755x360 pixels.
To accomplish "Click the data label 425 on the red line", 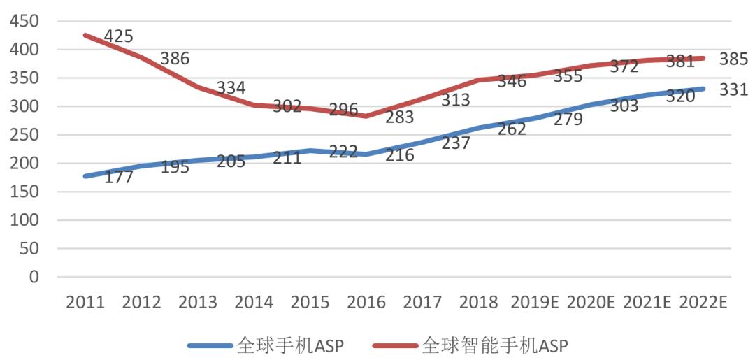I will point(118,36).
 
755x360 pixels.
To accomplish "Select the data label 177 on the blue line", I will point(118,178).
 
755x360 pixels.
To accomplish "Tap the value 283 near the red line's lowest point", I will point(400,117).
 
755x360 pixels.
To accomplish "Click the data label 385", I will point(734,59).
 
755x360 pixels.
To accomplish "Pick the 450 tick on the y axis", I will point(24,21).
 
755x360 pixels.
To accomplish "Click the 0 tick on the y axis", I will point(34,277).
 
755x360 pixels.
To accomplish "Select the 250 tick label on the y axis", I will point(24,135).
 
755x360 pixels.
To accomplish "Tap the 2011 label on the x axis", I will point(85,303).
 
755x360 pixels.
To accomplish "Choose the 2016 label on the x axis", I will point(366,303).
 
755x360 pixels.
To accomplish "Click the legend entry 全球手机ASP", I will point(291,345).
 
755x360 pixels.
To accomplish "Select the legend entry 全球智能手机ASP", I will point(495,345).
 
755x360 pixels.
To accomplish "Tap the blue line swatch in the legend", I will point(210,345).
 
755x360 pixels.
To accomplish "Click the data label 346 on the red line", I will point(512,81).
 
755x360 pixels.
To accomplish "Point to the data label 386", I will point(175,59).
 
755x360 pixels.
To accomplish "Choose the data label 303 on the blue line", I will point(625,106).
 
